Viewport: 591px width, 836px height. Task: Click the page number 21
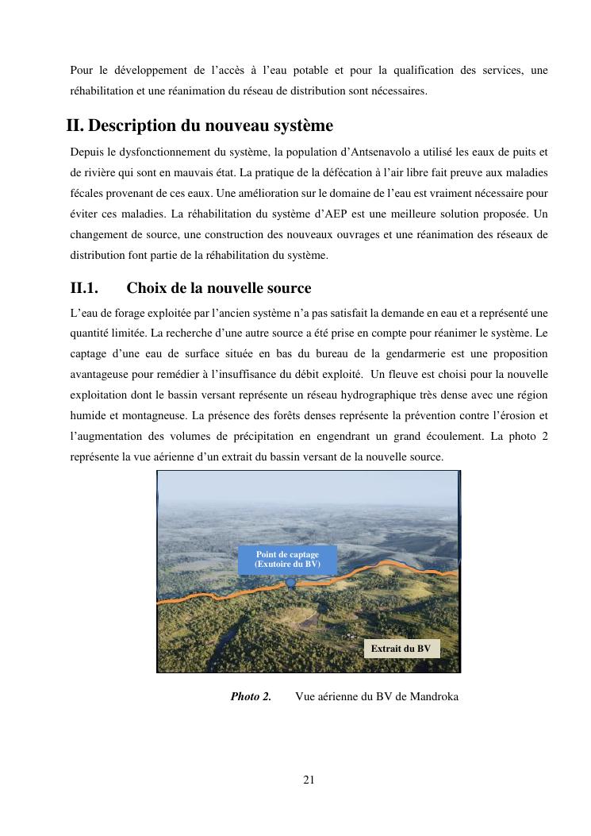coord(309,780)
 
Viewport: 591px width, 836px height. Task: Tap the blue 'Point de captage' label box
coord(287,559)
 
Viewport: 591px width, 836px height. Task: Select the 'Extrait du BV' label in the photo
coord(401,649)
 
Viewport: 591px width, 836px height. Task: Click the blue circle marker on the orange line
coord(291,583)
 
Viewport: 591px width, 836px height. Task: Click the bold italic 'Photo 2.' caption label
coord(251,696)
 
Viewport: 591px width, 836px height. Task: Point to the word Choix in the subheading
coord(145,287)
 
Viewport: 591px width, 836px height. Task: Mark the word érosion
coord(520,415)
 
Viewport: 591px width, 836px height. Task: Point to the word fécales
coord(86,194)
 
